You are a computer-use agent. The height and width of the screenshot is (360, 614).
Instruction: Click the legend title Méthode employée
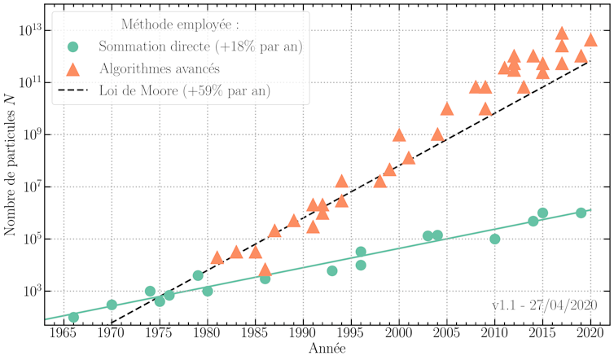(x=179, y=24)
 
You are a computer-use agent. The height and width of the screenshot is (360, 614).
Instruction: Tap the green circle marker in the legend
(x=72, y=46)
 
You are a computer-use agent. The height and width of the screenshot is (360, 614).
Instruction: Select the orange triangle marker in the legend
(x=72, y=68)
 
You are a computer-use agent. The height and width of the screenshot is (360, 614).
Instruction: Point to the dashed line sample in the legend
(x=72, y=90)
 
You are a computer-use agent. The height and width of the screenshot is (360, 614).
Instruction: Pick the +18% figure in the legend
(x=237, y=46)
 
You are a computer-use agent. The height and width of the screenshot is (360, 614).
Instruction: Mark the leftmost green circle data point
(x=73, y=317)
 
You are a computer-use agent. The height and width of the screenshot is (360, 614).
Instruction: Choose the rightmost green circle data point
(x=581, y=213)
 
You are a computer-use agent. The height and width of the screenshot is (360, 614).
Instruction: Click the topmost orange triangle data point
(x=562, y=33)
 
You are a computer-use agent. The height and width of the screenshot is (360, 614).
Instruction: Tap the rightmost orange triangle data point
(x=591, y=40)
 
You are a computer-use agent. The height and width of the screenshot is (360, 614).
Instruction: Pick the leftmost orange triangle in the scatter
(x=217, y=257)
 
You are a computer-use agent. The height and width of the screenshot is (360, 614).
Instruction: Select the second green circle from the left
(x=112, y=305)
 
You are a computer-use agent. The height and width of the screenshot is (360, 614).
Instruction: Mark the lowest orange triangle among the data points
(x=265, y=269)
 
